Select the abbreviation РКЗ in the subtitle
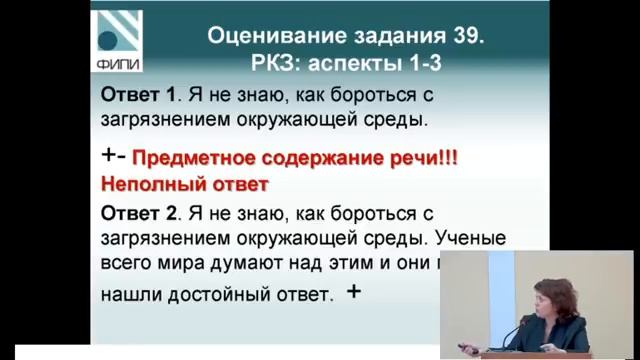pyautogui.click(x=274, y=63)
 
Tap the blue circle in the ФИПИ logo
pyautogui.click(x=106, y=41)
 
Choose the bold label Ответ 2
pyautogui.click(x=137, y=214)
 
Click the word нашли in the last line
pyautogui.click(x=128, y=296)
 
